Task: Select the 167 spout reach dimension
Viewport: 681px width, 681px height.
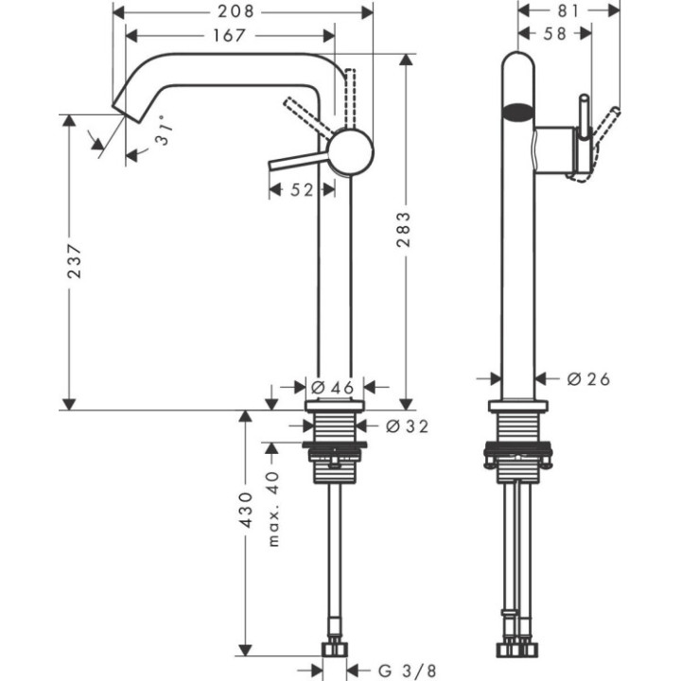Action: tap(230, 36)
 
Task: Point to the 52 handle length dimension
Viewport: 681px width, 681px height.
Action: tap(301, 190)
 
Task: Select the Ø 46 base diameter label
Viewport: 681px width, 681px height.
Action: tap(331, 386)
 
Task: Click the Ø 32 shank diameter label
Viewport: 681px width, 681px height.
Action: tap(407, 427)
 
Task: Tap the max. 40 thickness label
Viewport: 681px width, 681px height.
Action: tap(273, 509)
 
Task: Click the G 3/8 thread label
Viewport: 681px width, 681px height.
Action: tap(401, 672)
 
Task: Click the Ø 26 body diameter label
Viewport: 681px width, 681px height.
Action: tap(588, 378)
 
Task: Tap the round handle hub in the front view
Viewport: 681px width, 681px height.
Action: tap(351, 152)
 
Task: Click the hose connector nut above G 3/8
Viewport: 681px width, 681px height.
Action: tap(335, 649)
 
